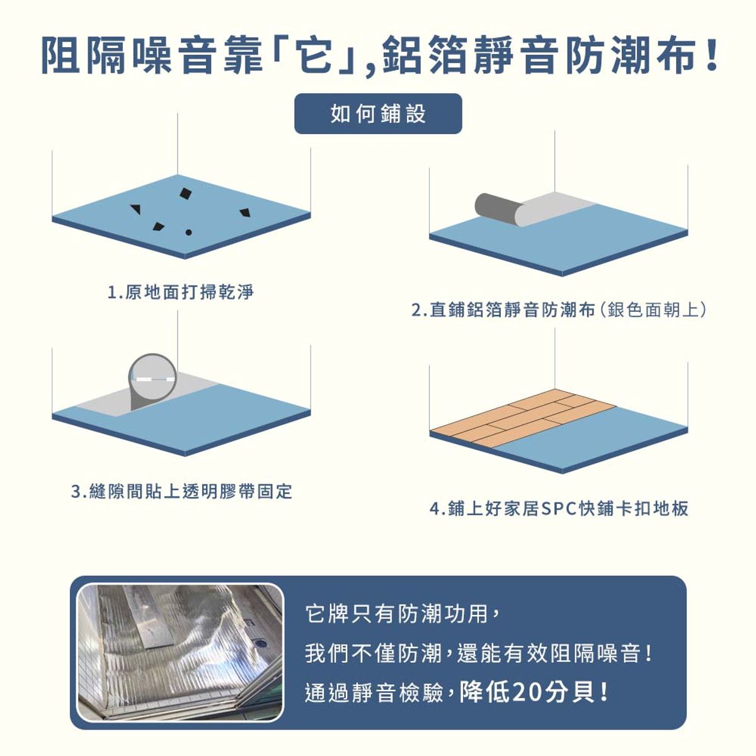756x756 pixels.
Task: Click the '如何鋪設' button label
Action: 378,114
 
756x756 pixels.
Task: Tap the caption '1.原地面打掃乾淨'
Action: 181,292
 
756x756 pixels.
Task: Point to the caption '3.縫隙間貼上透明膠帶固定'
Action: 182,491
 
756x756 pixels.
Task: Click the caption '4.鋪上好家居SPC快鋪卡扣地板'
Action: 559,508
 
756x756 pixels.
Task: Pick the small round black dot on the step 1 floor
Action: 188,233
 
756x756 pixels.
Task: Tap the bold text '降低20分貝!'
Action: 534,693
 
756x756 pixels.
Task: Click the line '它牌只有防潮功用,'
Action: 403,613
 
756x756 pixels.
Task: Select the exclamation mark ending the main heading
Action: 713,57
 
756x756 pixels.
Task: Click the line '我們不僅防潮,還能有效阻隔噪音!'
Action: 479,653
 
